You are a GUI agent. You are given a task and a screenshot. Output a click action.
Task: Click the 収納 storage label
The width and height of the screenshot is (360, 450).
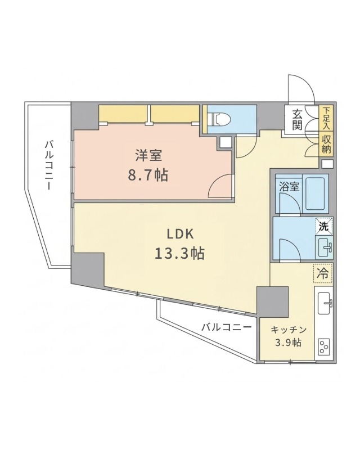coord(326,145)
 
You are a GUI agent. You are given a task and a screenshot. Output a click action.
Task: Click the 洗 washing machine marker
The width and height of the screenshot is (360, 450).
coord(323,227)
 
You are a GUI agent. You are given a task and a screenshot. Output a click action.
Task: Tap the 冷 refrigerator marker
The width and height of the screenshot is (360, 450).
coord(323,274)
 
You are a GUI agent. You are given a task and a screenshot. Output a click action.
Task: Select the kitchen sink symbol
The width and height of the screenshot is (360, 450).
coord(325,304)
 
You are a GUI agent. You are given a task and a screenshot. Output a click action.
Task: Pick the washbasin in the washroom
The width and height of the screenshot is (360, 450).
coord(325,246)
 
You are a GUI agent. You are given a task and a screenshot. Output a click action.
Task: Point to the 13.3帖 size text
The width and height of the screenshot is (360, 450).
coord(179,253)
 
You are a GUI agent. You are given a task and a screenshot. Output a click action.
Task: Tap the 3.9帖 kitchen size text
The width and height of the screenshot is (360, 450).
coord(287,343)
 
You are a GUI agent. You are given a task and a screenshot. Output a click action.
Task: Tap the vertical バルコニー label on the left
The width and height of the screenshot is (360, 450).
coord(49,165)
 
